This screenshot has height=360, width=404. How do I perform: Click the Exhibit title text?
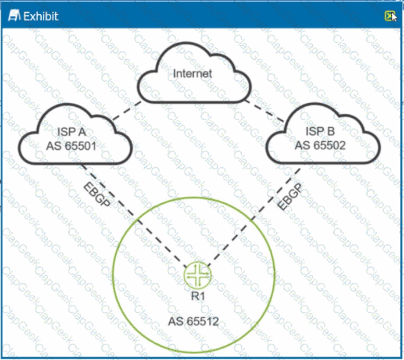[x=40, y=16]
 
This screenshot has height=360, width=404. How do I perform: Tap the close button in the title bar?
[x=389, y=16]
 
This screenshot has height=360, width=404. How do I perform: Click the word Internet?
[x=193, y=74]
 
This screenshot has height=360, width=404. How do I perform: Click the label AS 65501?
[x=71, y=145]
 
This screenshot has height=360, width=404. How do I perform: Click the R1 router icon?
[x=196, y=275]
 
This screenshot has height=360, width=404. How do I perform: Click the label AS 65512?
[x=194, y=321]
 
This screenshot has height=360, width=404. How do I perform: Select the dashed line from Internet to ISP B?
[x=264, y=110]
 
